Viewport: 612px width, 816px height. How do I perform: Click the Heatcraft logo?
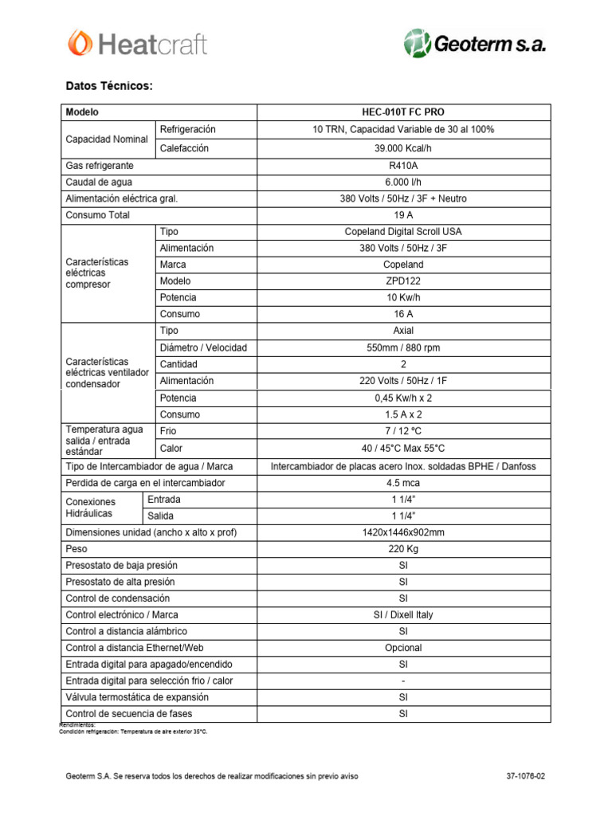click(137, 43)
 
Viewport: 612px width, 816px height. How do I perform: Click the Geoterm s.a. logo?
click(475, 44)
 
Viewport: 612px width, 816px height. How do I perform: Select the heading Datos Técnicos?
click(108, 86)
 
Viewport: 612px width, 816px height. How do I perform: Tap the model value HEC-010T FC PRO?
click(403, 112)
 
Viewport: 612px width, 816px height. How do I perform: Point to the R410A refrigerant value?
click(403, 166)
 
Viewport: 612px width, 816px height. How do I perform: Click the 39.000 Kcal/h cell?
click(403, 148)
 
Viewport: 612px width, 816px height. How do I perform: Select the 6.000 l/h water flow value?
click(403, 182)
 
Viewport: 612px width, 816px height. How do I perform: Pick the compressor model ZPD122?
click(403, 281)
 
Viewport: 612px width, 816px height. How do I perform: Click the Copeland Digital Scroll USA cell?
click(403, 231)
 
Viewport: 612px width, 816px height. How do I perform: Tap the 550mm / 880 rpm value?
click(403, 347)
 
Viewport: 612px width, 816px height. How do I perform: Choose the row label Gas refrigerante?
click(100, 166)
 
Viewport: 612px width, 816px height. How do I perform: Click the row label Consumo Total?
click(97, 215)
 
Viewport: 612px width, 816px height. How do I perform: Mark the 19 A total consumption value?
click(403, 215)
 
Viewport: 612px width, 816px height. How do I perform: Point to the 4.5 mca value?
click(403, 483)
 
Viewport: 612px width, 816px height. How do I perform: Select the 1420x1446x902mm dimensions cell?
click(403, 532)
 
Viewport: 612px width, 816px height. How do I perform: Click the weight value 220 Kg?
click(403, 549)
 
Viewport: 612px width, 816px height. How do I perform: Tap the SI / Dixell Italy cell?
click(403, 614)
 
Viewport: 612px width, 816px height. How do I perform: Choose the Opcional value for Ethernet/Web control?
click(403, 648)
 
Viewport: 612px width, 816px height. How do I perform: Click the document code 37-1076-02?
click(526, 775)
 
